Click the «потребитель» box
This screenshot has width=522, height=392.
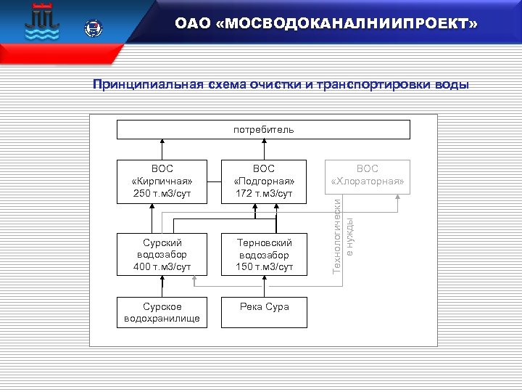point(264,130)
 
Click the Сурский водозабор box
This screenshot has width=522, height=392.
point(162,254)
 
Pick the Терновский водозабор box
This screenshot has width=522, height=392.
point(264,254)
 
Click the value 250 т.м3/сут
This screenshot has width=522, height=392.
point(162,194)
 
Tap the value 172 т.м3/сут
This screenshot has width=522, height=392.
point(264,194)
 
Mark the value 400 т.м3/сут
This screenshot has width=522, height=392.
point(162,267)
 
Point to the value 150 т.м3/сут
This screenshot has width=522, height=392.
point(264,267)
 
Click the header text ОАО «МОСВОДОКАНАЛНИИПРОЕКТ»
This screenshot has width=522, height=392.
point(326,25)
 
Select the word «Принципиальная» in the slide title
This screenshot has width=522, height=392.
point(136,85)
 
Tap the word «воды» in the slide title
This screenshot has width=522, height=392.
point(452,85)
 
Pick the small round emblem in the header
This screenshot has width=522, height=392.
point(94,29)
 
